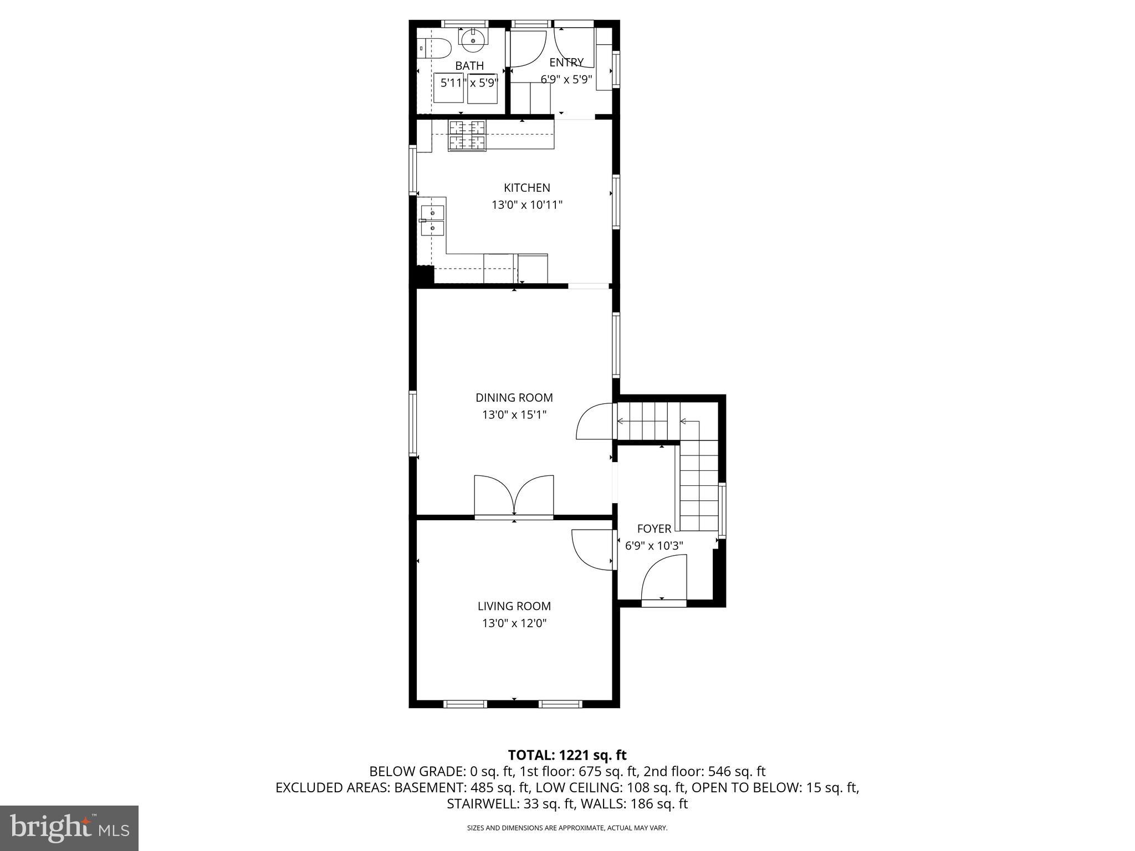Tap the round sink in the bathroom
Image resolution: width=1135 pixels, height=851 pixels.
[x=473, y=38]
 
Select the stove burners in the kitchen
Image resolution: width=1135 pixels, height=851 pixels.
[x=467, y=135]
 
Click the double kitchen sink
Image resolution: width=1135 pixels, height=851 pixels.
[x=432, y=220]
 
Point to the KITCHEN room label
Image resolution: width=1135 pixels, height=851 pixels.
[x=526, y=188]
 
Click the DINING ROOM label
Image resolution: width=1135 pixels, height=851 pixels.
[x=514, y=398]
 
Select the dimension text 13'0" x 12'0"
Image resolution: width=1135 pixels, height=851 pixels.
[x=514, y=623]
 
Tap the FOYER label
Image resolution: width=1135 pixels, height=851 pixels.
[x=654, y=529]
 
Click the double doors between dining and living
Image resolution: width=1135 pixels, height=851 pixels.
[x=514, y=496]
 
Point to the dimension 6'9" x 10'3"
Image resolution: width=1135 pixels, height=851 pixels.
[x=654, y=546]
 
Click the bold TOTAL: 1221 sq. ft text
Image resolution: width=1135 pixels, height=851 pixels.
[x=567, y=755]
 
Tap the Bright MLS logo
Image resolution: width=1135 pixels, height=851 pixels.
[x=69, y=828]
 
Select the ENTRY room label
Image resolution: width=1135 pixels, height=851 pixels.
[x=566, y=63]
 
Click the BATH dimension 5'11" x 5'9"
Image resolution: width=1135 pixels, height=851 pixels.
[x=469, y=83]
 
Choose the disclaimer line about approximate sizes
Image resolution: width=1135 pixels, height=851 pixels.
[x=567, y=828]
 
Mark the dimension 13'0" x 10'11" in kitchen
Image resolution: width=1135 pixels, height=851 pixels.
[x=526, y=205]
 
